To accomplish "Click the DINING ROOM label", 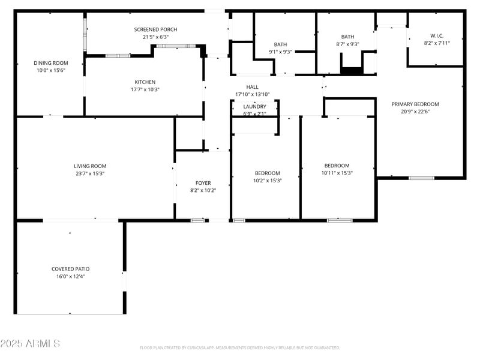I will pyautogui.click(x=50, y=63).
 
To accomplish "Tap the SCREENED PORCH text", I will pyautogui.click(x=155, y=29).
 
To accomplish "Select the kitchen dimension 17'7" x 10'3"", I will pyautogui.click(x=145, y=89).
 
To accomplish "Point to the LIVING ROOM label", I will pyautogui.click(x=90, y=166).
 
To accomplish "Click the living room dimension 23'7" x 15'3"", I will pyautogui.click(x=90, y=173).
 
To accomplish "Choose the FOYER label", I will pyautogui.click(x=203, y=183).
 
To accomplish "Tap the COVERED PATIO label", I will pyautogui.click(x=70, y=269).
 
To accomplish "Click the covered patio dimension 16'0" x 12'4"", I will pyautogui.click(x=70, y=276).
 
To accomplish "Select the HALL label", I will pyautogui.click(x=252, y=87).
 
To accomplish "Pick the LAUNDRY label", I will pyautogui.click(x=254, y=107).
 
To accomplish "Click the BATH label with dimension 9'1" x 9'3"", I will pyautogui.click(x=280, y=44).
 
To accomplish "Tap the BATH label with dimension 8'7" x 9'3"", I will pyautogui.click(x=347, y=37).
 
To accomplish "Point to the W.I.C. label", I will pyautogui.click(x=436, y=35).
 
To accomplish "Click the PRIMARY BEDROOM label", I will pyautogui.click(x=415, y=104).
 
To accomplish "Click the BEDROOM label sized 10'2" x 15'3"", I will pyautogui.click(x=267, y=173).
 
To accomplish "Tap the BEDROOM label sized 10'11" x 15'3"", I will pyautogui.click(x=337, y=166).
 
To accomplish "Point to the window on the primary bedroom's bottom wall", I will pyautogui.click(x=421, y=178).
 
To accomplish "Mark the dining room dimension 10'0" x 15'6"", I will pyautogui.click(x=50, y=70).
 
